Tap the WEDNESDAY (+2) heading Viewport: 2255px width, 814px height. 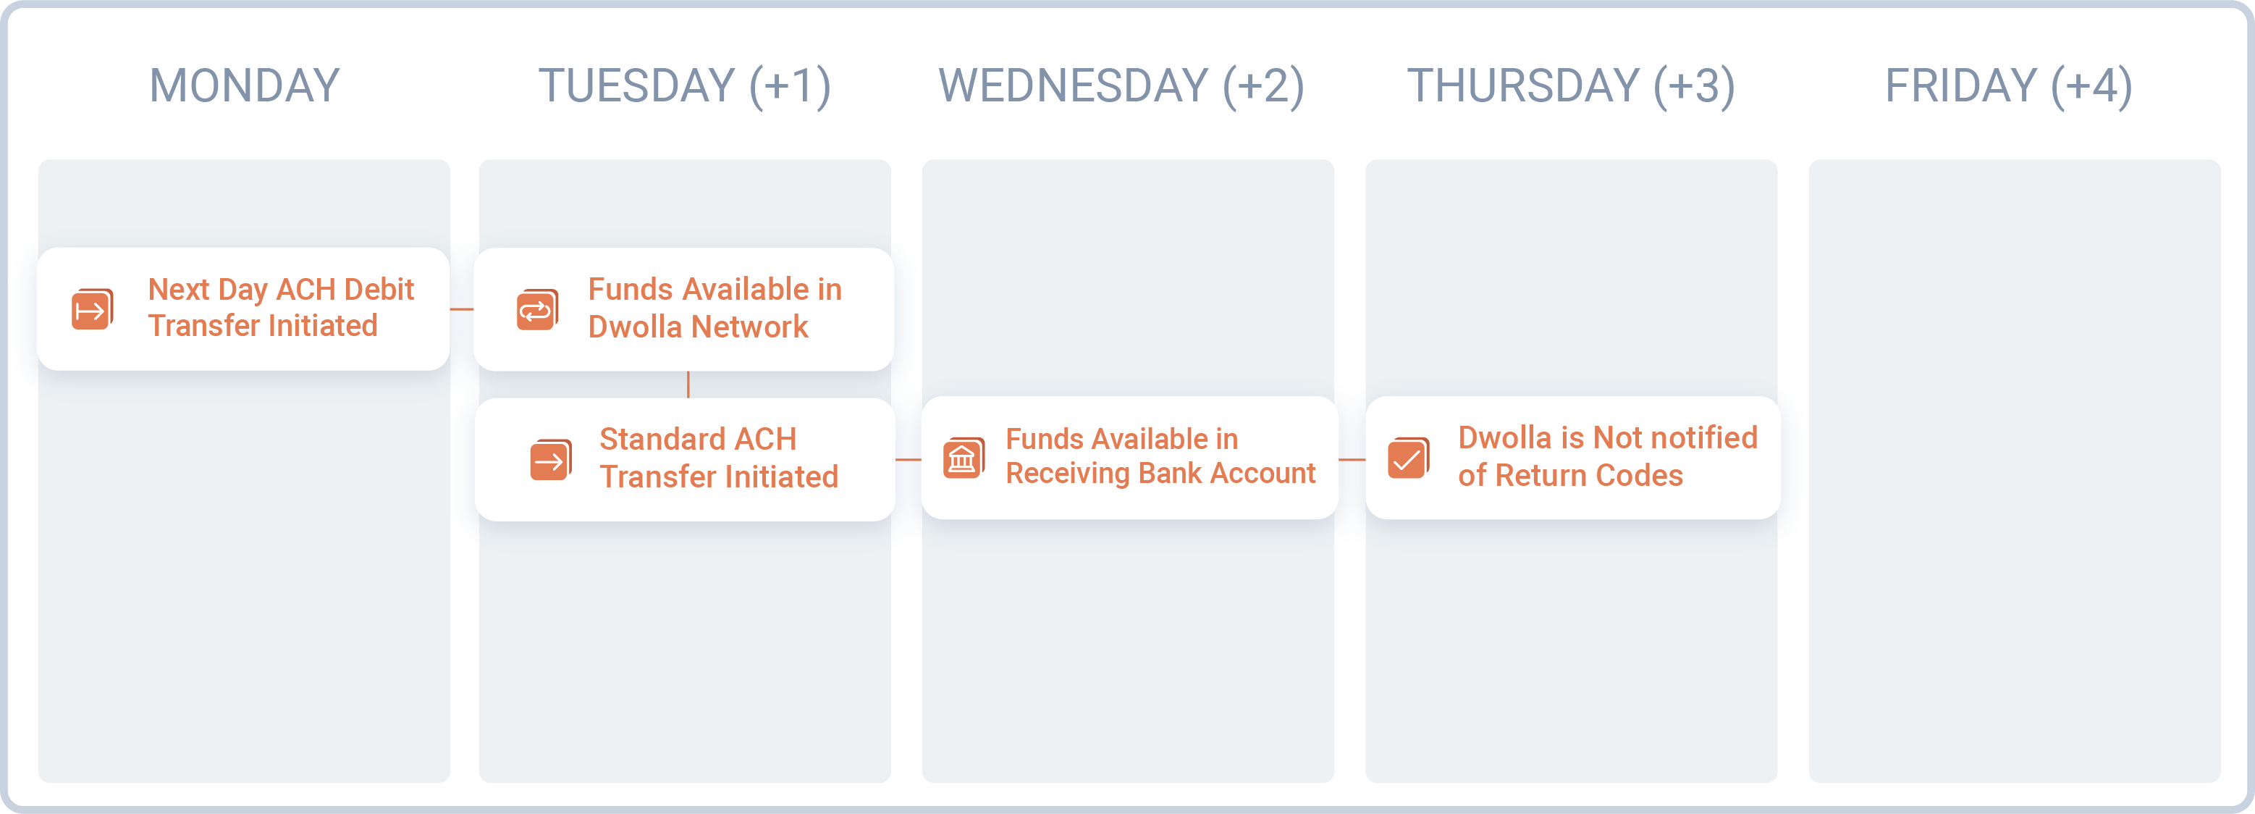pos(1121,85)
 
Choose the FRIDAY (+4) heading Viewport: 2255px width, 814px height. pos(2008,85)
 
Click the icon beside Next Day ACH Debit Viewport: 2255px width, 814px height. pos(92,309)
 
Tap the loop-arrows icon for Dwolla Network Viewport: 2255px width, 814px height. pos(536,310)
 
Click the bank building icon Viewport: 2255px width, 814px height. pos(963,458)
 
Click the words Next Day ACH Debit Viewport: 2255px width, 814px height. pos(280,289)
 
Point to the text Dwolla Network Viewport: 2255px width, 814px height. pos(698,327)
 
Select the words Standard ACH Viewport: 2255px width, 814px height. pos(698,439)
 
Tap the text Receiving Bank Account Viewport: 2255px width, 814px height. pos(1160,474)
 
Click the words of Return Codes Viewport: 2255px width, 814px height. pos(1569,475)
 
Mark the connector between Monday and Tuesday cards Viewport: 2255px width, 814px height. pos(461,309)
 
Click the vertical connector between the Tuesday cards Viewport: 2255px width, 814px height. pos(688,385)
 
